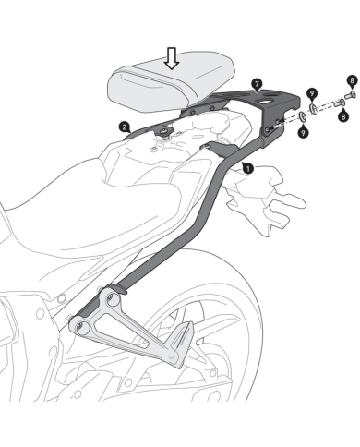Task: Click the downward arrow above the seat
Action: click(x=170, y=58)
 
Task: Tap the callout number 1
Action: click(x=247, y=169)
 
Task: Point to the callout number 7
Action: click(x=258, y=85)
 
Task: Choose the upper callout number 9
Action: click(x=314, y=93)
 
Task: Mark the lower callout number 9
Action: click(x=304, y=131)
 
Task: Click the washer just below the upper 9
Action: click(x=314, y=110)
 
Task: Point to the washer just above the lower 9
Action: click(x=303, y=116)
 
